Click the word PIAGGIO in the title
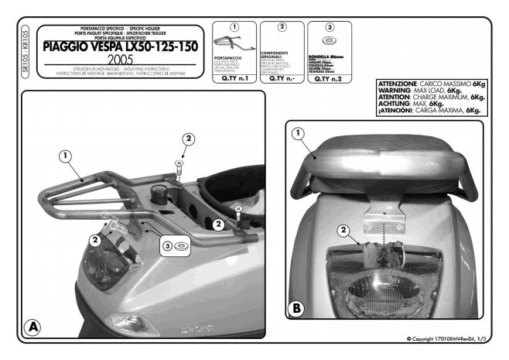(x=67, y=46)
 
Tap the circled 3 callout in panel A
(x=167, y=247)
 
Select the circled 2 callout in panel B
(x=343, y=229)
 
